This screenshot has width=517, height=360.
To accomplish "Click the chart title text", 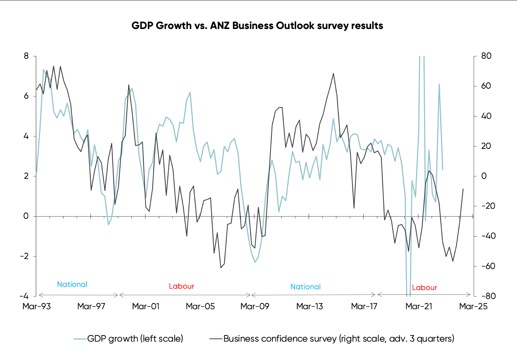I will coord(257,26).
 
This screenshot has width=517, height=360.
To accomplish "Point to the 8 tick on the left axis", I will coord(26,56).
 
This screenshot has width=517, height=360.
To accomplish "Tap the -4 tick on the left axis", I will coord(24,296).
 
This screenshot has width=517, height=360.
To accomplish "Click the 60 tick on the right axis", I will coord(486,86).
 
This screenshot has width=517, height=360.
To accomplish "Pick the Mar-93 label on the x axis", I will coord(37,306).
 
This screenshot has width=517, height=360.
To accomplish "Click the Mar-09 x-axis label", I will coord(255,306).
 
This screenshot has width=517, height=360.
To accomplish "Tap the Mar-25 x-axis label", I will coord(473,306).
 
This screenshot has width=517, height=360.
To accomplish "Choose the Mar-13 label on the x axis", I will coord(309,306).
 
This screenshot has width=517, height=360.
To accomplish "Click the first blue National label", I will coord(72,284).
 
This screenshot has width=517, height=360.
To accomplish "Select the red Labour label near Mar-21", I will coord(424,288).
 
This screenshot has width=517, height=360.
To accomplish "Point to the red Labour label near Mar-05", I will coord(181,286).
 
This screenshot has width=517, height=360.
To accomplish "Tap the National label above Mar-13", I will coord(305,287).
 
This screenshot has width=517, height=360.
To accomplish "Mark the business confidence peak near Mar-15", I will coord(333,73).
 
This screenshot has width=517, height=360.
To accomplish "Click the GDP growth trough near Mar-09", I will coord(255,262).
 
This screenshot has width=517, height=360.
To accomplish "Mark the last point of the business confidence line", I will coord(463,189).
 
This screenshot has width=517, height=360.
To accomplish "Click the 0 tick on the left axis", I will coord(26,216).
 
